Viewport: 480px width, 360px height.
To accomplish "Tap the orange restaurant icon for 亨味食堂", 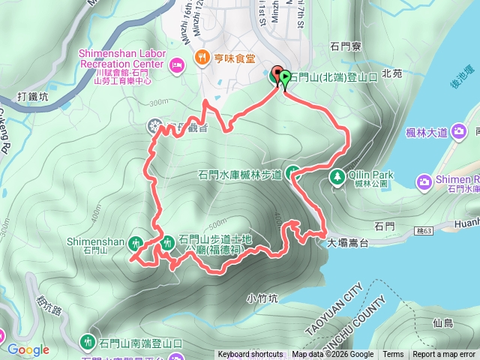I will point(202,57).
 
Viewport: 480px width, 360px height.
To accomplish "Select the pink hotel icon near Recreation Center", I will point(177,64).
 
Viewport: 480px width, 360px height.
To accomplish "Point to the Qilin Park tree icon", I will point(337,176).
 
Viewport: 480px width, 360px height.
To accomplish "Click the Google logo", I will point(28,349).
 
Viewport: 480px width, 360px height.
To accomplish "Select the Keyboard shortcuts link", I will point(250,355).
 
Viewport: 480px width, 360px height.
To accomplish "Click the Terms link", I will point(393,355).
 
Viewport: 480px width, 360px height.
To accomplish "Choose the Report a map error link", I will point(445,355).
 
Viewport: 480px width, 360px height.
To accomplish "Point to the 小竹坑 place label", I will point(262,298).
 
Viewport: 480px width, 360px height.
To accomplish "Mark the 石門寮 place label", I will point(346,46).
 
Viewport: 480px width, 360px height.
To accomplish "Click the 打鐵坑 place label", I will point(33,97).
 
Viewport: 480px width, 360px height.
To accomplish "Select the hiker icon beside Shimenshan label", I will point(136,242).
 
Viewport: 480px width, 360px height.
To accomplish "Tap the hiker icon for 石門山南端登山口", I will point(89,342).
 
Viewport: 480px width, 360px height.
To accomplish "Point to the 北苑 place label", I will point(392,73).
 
